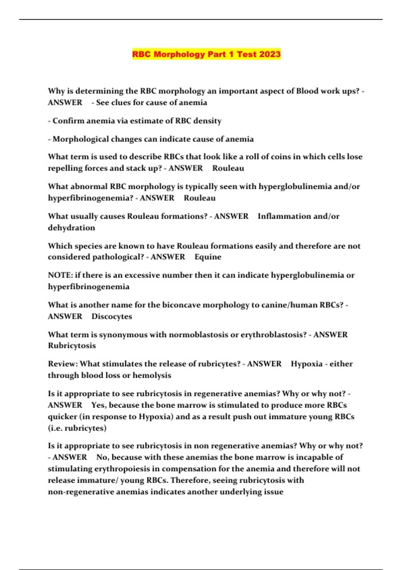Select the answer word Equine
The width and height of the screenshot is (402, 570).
[x=208, y=257]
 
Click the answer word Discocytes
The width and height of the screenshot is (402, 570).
[x=112, y=316]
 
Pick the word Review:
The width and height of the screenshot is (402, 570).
[x=62, y=364]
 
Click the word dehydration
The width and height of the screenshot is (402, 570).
[x=71, y=228]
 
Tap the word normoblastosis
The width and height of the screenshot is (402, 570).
[x=198, y=335]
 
